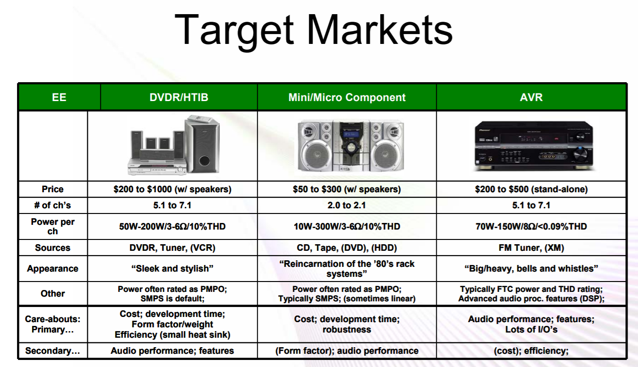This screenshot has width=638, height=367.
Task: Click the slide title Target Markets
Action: pos(314,30)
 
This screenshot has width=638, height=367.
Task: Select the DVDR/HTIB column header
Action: pos(179,97)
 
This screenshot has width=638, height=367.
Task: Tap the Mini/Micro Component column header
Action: pos(347,97)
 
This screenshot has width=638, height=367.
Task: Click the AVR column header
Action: pos(531,97)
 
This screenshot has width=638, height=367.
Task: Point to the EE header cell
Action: pos(59,97)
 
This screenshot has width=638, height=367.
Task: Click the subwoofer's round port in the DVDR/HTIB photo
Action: pos(205,161)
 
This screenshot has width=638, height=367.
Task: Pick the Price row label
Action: pos(53,189)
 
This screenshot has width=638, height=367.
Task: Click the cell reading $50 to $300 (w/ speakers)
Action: pos(347,189)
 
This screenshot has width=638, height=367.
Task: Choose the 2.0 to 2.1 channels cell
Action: pos(347,205)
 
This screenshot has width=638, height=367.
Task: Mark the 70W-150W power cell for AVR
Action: pos(531,227)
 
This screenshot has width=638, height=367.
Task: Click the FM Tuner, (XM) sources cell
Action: pos(531,248)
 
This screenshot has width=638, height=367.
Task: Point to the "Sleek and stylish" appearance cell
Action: pos(172,268)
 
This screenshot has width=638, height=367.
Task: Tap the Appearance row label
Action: pos(53,268)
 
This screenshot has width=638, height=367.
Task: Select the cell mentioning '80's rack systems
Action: pos(347,269)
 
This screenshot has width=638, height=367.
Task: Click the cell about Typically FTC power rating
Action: pos(531,294)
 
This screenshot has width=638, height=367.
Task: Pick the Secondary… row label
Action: pos(53,351)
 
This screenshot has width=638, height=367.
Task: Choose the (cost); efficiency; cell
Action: pos(531,351)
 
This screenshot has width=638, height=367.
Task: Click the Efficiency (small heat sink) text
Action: pos(172,334)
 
